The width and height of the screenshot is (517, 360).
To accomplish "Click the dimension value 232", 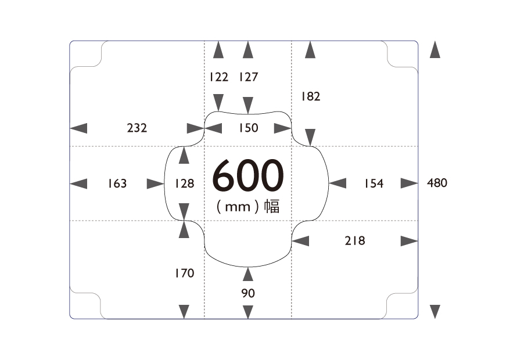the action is (x=137, y=128).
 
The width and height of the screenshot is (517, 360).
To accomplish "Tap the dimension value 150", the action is (x=249, y=128).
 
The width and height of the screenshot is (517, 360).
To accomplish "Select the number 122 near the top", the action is (x=218, y=77).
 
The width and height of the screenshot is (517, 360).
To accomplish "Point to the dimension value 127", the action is (x=249, y=77).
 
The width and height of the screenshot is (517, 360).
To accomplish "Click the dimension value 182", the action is (x=311, y=96).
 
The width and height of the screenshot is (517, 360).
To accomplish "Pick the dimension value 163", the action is (x=117, y=183).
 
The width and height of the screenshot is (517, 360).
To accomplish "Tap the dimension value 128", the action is (x=185, y=183).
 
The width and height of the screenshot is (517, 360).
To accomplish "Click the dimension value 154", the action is (x=374, y=183).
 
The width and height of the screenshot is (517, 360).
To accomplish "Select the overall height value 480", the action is (x=437, y=183).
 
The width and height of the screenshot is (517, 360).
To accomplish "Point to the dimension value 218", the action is (x=355, y=241).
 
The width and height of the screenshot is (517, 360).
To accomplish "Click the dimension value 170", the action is (x=185, y=273).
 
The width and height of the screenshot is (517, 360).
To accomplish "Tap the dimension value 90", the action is (x=248, y=293).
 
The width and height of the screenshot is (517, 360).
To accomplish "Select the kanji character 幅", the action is (x=272, y=207).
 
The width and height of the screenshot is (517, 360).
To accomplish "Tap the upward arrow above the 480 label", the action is (x=435, y=49).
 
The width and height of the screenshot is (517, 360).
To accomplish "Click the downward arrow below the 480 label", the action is (x=435, y=312).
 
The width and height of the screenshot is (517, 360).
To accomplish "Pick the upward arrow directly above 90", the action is (x=248, y=274).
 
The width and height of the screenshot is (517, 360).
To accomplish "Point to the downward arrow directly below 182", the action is (x=310, y=137).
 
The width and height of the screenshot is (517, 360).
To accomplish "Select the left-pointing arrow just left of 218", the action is (x=300, y=241).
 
